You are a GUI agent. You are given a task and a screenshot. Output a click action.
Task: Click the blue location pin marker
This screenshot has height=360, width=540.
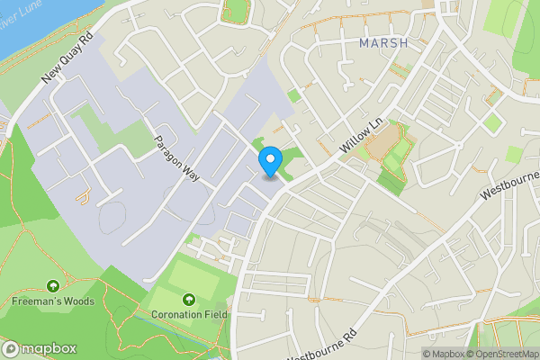(x=269, y=162)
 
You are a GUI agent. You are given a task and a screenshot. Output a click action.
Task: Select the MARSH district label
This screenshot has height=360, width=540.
(x=382, y=42)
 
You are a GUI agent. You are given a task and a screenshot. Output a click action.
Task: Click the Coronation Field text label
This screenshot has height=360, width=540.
(x=188, y=314)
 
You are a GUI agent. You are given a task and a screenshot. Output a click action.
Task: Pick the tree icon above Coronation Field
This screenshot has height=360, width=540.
(x=188, y=299)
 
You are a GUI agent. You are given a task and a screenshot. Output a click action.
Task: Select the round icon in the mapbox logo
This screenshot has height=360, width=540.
(x=12, y=348)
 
